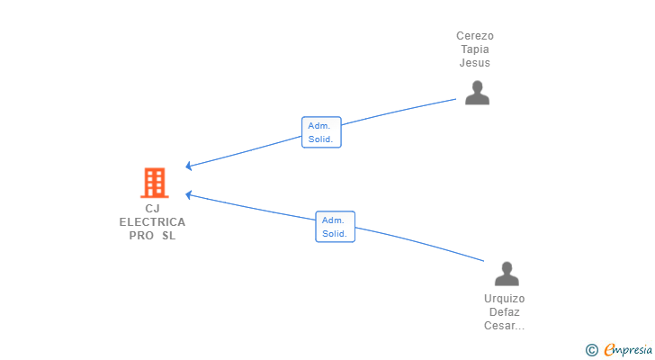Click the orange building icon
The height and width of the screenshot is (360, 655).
coord(155,183)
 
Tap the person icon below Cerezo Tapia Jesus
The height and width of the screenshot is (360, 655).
coord(477,93)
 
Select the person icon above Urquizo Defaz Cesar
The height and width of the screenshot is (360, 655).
coord(507,274)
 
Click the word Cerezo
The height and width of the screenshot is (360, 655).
coord(475,36)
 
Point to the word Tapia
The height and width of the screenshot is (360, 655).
coord(475,49)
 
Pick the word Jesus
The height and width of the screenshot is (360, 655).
coord(475,63)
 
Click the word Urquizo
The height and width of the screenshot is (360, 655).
coord(504,299)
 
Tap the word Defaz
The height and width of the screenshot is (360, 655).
coord(504,312)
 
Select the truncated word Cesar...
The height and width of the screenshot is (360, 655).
coord(504,325)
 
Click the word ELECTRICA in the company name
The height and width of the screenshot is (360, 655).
coord(152,222)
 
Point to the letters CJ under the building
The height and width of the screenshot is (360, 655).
coord(152,209)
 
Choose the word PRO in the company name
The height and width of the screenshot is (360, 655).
coord(141,236)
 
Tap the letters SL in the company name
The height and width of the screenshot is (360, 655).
coord(169,236)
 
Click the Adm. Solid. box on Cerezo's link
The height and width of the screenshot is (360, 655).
coord(322,132)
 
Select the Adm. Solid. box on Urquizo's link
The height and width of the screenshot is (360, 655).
coord(335,227)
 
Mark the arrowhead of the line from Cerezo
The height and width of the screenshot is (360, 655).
coord(188,166)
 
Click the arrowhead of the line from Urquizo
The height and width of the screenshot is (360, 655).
coord(188,194)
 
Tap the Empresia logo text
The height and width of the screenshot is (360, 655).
coord(628,350)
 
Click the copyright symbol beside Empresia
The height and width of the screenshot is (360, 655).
coord(592,350)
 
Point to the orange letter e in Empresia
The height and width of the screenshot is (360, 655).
coord(610,349)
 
